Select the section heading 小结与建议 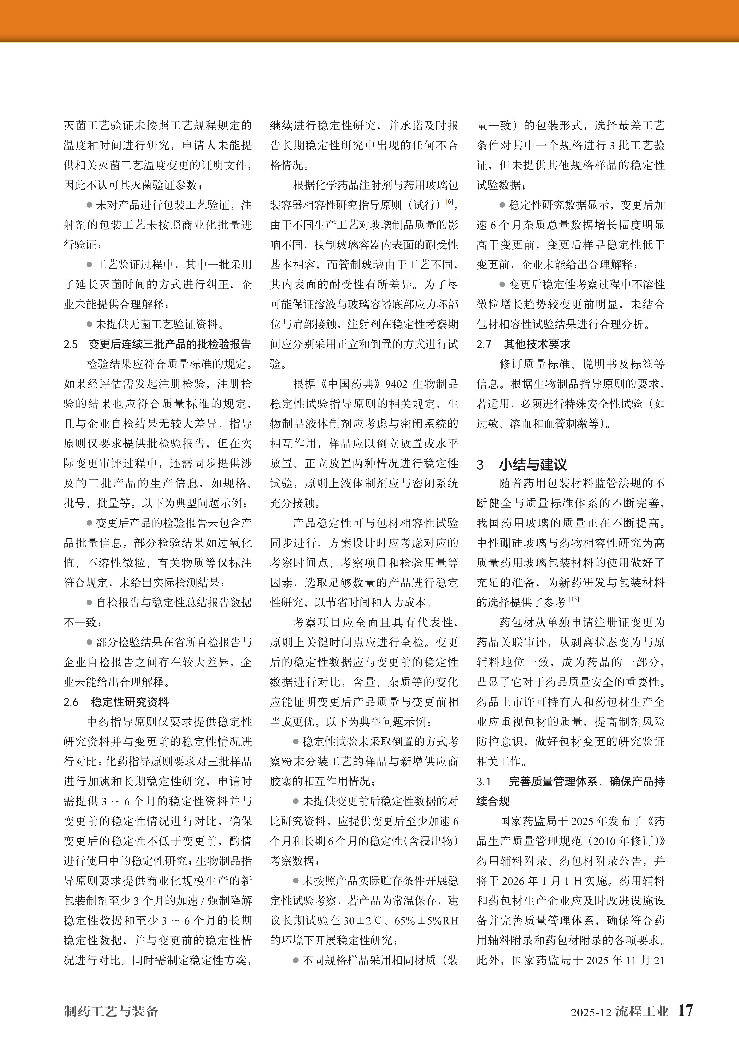(533, 465)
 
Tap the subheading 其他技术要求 (537, 344)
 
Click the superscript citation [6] (449, 201)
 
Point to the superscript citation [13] (573, 599)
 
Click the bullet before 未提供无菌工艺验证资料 (89, 324)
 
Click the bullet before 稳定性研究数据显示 (502, 205)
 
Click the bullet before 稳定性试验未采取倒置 (296, 742)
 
